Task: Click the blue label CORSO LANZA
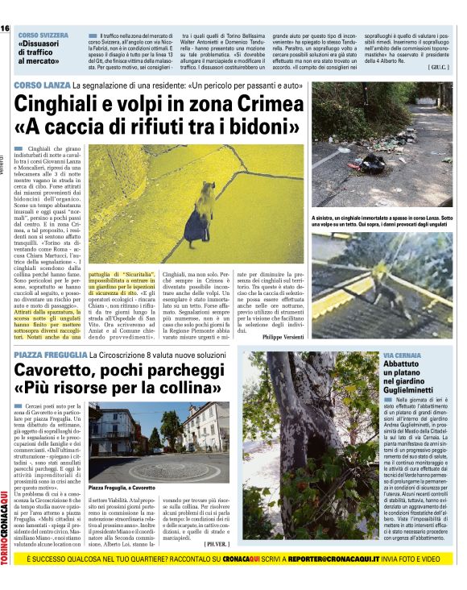(41, 85)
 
